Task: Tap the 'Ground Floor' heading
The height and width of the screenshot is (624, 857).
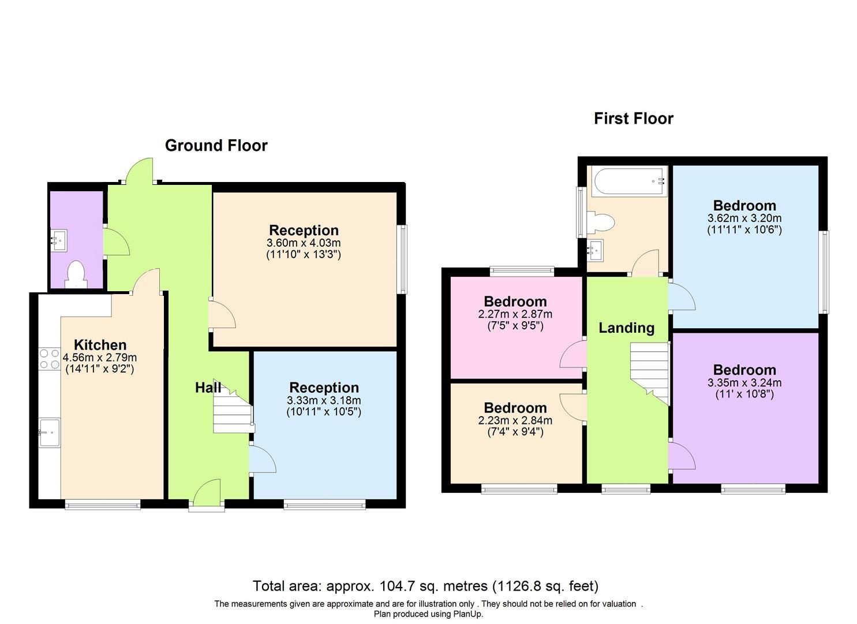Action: (x=216, y=146)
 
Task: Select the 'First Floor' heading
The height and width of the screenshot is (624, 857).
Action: (x=633, y=118)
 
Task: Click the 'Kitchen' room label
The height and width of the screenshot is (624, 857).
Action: (x=100, y=345)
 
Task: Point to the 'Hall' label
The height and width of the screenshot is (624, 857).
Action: (x=208, y=388)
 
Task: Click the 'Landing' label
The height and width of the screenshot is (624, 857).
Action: (x=626, y=328)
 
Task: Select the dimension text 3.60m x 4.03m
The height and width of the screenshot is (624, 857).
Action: (x=304, y=243)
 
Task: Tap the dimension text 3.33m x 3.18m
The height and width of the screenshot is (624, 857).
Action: (x=324, y=400)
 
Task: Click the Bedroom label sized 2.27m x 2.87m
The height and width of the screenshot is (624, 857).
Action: (x=515, y=302)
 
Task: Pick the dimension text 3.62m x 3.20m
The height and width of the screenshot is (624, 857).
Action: (x=744, y=218)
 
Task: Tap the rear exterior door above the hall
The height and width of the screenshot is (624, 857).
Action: (x=139, y=172)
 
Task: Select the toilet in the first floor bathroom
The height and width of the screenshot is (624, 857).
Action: (x=600, y=222)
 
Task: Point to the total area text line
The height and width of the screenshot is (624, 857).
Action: (x=425, y=586)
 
